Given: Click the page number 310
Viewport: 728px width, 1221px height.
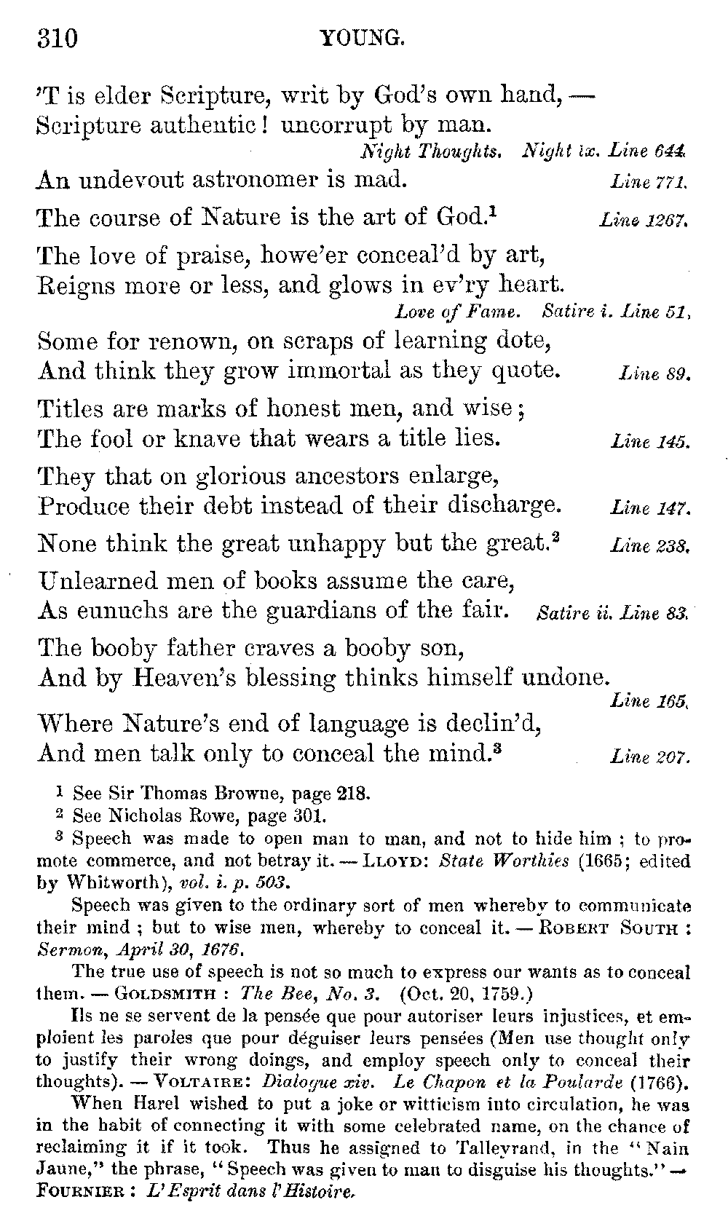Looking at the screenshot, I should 56,37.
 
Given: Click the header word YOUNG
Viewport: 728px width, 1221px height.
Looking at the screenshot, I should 362,38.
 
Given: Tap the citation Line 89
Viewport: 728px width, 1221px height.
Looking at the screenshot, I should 654,375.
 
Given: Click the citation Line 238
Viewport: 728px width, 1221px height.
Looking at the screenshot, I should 649,545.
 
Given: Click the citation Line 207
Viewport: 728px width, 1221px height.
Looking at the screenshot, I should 649,758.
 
